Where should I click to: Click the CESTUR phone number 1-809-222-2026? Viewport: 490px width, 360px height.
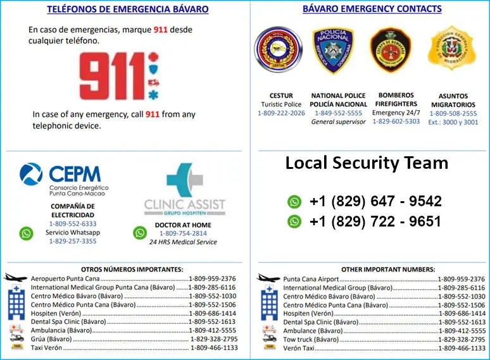pyautogui.click(x=281, y=113)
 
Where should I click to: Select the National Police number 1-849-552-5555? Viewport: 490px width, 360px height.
pyautogui.click(x=339, y=113)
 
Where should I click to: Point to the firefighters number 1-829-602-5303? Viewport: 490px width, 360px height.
pyautogui.click(x=396, y=121)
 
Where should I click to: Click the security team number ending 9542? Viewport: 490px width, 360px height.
pyautogui.click(x=375, y=202)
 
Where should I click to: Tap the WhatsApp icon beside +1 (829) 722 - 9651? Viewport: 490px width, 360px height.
pyautogui.click(x=294, y=221)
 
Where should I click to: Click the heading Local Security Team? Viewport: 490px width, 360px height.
pyautogui.click(x=367, y=163)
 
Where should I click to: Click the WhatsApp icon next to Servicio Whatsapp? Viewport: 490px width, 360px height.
pyautogui.click(x=26, y=233)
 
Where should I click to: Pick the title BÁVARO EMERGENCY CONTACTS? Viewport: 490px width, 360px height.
pyautogui.click(x=372, y=9)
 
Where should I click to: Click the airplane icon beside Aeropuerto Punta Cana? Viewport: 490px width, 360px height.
pyautogui.click(x=16, y=278)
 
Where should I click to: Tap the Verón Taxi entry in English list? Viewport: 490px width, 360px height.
pyautogui.click(x=299, y=348)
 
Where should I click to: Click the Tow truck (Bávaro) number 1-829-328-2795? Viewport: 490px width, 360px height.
pyautogui.click(x=462, y=339)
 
